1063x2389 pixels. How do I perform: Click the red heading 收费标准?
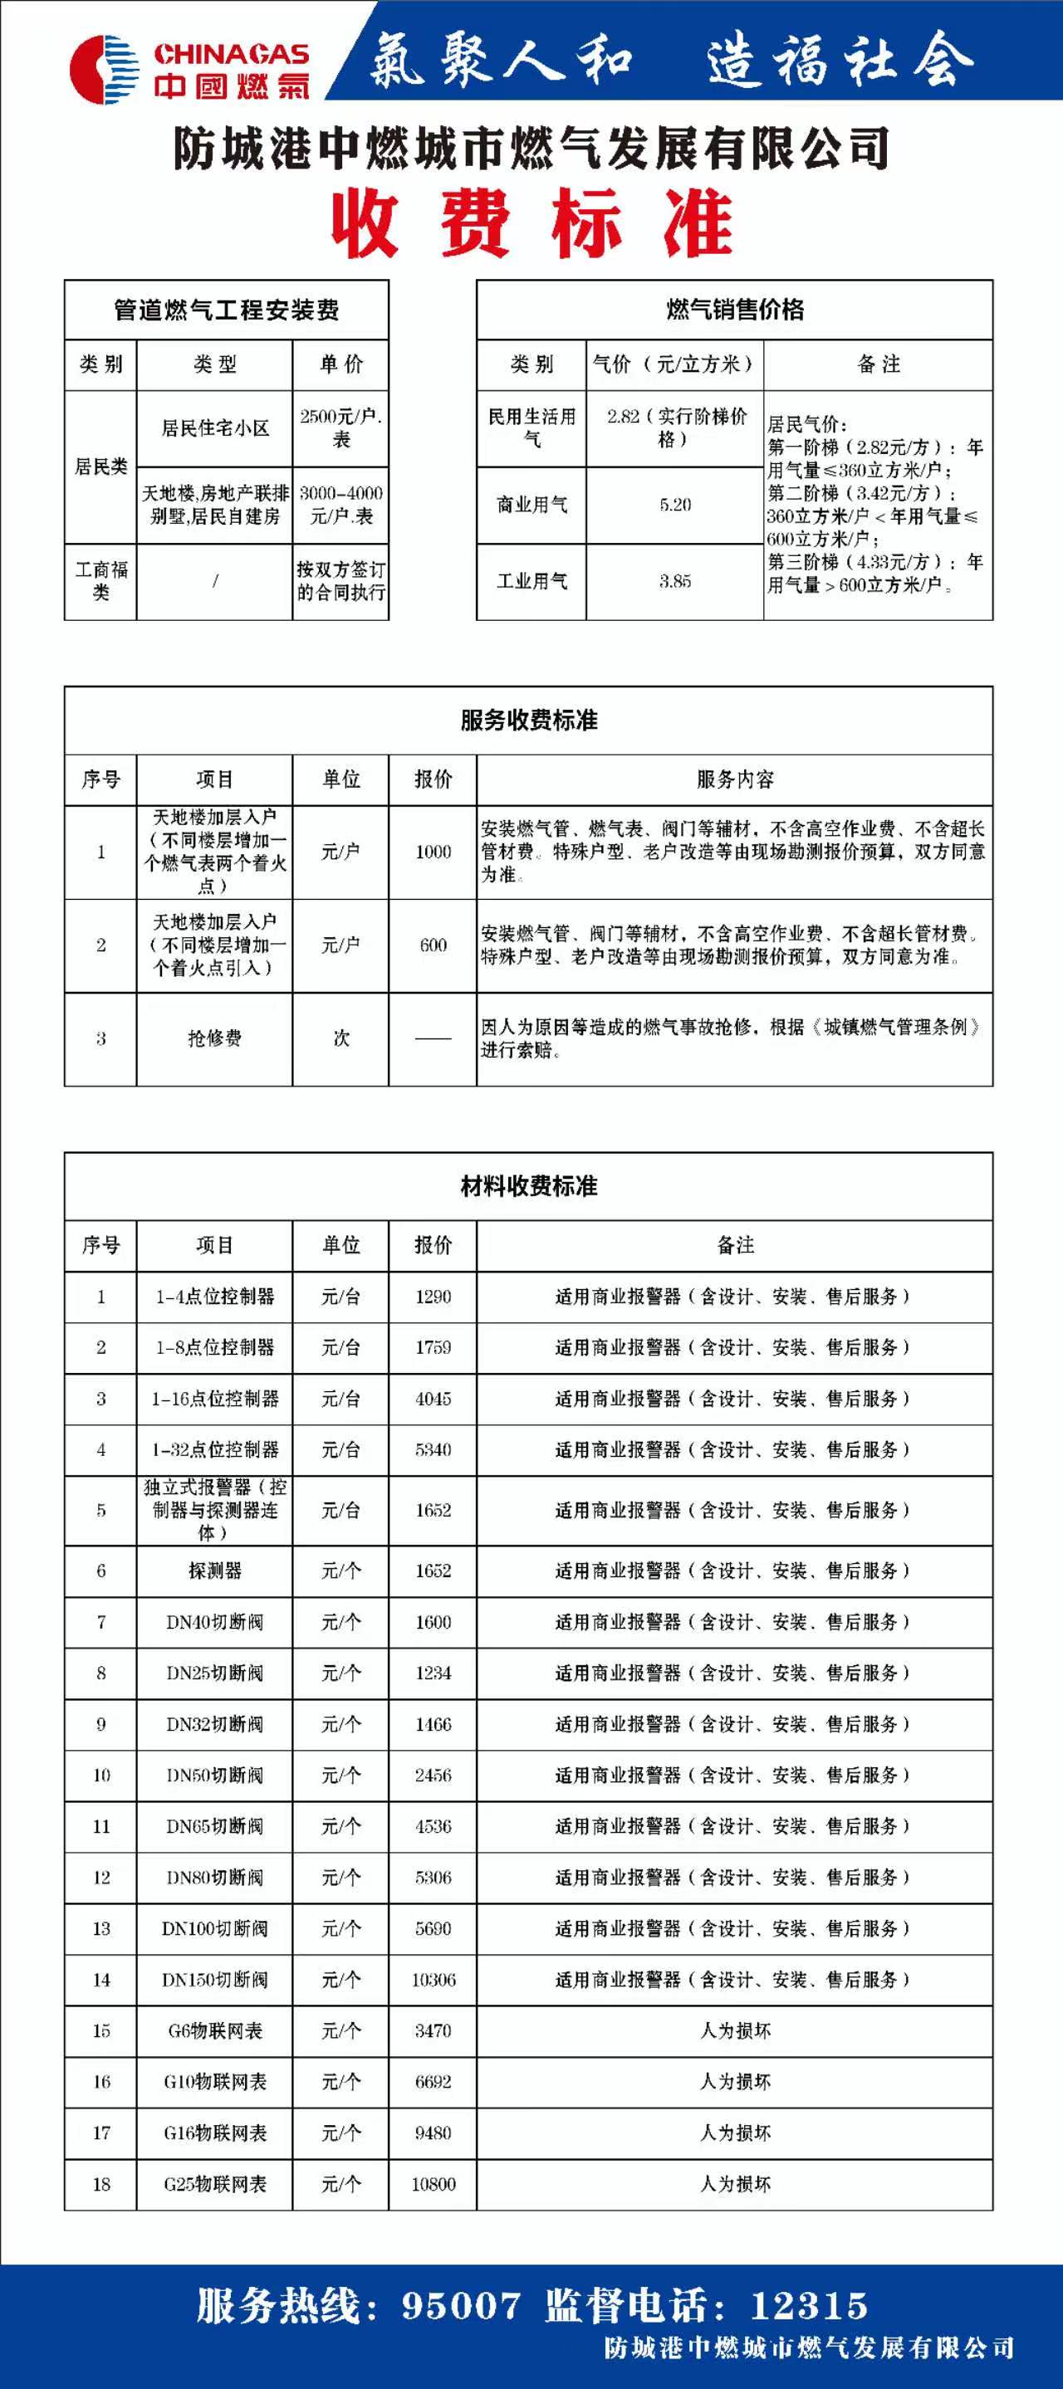pos(531,223)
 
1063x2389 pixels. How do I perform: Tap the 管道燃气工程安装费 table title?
pos(227,310)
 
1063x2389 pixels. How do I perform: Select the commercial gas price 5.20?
pos(675,506)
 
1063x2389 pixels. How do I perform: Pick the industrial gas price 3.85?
pos(675,582)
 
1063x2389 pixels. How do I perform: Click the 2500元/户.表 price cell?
pos(340,427)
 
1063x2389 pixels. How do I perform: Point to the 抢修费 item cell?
pos(214,1038)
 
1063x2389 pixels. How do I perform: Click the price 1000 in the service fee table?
pos(434,852)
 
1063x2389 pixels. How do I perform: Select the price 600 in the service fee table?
pos(434,945)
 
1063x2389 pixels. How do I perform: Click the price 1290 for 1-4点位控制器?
pos(434,1297)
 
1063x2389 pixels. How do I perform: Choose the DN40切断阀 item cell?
pos(214,1622)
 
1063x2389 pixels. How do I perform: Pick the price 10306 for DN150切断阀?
pos(434,1979)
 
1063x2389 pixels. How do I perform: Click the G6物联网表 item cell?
pos(214,2030)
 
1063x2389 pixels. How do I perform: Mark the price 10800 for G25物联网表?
pos(434,2184)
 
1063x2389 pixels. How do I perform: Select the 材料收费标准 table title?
pos(529,1186)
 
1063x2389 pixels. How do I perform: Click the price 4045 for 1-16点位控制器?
pos(434,1399)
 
